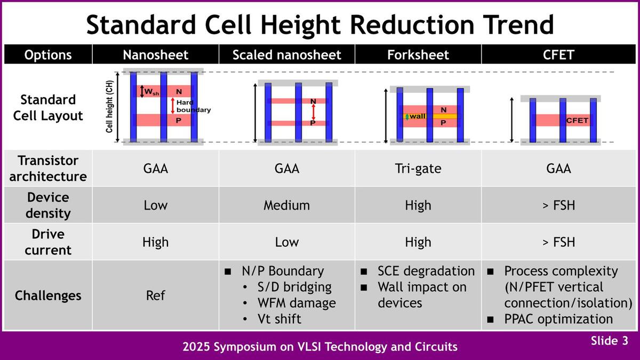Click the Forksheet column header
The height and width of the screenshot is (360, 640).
tap(418, 55)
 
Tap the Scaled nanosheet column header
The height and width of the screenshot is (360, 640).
tap(286, 55)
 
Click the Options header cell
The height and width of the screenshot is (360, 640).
tap(48, 55)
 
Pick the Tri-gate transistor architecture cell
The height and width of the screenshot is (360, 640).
tap(418, 169)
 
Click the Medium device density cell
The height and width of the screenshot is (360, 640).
tap(286, 205)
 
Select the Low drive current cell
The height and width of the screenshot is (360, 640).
tap(286, 242)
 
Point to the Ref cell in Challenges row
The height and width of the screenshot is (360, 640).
tap(155, 295)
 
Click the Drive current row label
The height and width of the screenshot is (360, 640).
tap(48, 242)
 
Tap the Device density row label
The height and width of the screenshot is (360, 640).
tap(48, 205)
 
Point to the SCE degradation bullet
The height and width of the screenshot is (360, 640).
tap(426, 271)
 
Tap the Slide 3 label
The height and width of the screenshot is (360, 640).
tap(609, 342)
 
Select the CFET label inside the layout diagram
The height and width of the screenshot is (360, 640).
tap(577, 121)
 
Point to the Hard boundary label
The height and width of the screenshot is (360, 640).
tap(194, 106)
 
